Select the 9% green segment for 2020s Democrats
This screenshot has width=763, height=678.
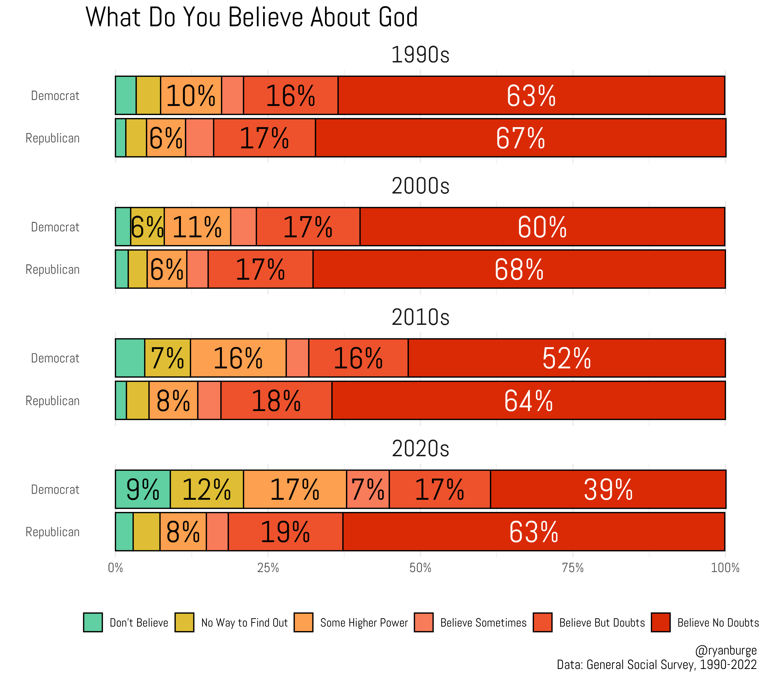click(x=143, y=489)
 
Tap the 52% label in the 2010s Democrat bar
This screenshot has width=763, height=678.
click(x=566, y=358)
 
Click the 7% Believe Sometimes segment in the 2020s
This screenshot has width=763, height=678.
click(x=368, y=489)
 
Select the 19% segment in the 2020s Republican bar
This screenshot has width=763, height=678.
click(x=285, y=532)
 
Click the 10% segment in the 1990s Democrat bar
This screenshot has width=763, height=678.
click(x=191, y=95)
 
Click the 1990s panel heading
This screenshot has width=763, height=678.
click(x=420, y=55)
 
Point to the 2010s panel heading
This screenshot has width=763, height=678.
click(x=420, y=318)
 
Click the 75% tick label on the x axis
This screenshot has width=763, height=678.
click(x=573, y=568)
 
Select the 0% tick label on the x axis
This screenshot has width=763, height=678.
click(x=115, y=568)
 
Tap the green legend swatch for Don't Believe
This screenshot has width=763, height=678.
click(x=93, y=622)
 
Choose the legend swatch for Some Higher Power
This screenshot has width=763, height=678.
click(x=303, y=622)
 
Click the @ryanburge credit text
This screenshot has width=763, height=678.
click(x=725, y=650)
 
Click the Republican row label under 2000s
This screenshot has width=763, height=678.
click(x=53, y=270)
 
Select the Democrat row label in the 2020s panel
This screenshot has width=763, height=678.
click(x=55, y=489)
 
